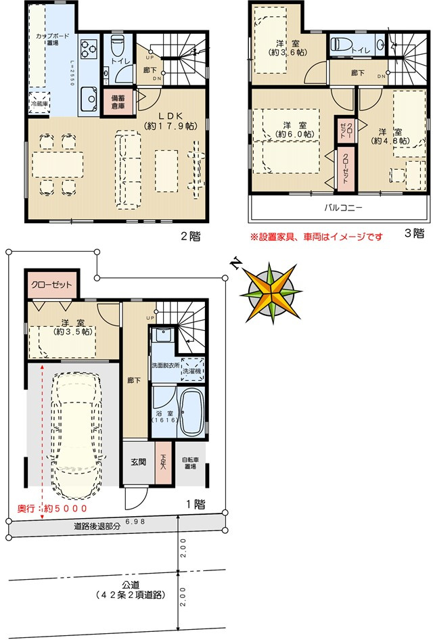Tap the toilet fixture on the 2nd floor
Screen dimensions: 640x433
[x=117, y=47]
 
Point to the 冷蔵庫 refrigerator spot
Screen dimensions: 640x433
[x=39, y=104]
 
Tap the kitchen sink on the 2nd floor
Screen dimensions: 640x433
[x=89, y=99]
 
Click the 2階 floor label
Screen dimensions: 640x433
[x=190, y=237]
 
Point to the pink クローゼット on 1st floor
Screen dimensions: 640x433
[x=51, y=285]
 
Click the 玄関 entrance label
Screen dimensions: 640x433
[x=138, y=462]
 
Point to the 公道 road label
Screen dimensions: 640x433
[x=130, y=589]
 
